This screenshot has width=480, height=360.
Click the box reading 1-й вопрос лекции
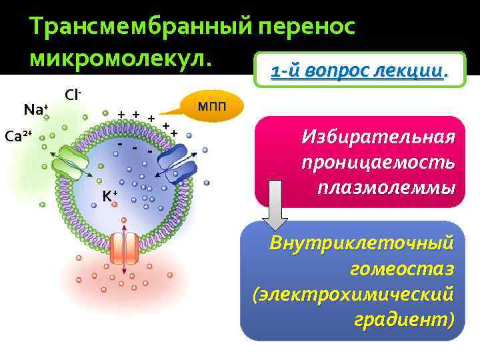coord(359,70)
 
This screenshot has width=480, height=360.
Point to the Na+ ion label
coord(35,109)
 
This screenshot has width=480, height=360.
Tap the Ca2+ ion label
coord(18,137)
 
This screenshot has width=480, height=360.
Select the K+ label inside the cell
coord(110,195)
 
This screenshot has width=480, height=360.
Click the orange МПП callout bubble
coord(211,105)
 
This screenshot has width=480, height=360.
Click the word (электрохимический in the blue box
coord(354,294)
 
